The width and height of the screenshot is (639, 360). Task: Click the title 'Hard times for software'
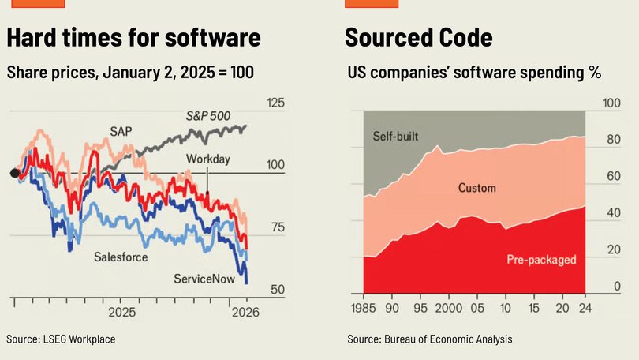(133, 38)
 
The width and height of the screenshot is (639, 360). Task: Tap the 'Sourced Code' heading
(419, 38)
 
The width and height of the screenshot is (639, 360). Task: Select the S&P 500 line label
(208, 116)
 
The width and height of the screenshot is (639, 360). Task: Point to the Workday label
(207, 159)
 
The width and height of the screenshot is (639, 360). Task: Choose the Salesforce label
(121, 257)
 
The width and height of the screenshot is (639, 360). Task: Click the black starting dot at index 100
(14, 174)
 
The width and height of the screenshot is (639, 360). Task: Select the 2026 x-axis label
(245, 313)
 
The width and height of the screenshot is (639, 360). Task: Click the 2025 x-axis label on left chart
(121, 313)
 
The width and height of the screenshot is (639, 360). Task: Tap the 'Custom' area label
(477, 188)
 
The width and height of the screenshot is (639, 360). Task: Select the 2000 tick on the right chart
(448, 308)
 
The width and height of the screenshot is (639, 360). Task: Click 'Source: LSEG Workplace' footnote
(61, 339)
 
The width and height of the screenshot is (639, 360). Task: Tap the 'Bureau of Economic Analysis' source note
(429, 339)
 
